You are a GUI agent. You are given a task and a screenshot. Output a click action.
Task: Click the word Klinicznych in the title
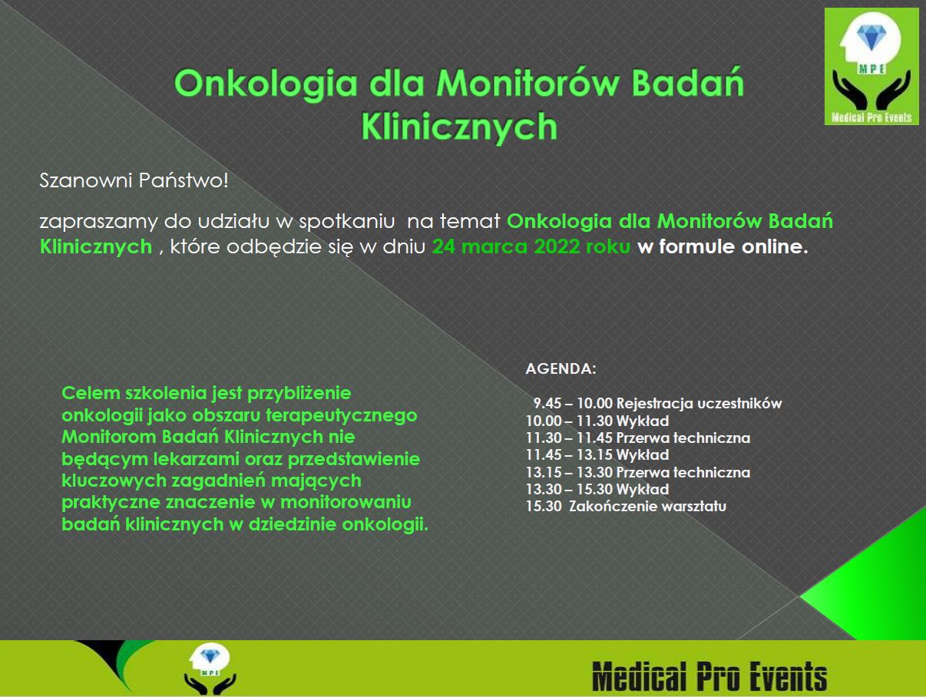click(x=458, y=125)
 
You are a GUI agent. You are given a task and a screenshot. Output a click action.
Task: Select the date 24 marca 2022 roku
click(x=532, y=247)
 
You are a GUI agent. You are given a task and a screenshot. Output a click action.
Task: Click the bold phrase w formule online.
click(x=723, y=247)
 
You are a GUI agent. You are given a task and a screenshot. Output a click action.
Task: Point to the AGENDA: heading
click(x=561, y=368)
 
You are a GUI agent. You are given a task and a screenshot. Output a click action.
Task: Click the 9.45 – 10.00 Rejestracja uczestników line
click(x=657, y=404)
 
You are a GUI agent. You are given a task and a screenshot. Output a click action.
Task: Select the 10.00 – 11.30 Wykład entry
click(x=597, y=421)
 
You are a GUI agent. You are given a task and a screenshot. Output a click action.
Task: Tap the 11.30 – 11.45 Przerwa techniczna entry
click(x=637, y=438)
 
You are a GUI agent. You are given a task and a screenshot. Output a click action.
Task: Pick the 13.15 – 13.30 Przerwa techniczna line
click(x=637, y=472)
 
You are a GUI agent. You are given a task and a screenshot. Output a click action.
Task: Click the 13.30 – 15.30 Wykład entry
click(x=597, y=489)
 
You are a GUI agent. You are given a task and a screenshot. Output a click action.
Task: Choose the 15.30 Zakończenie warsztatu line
click(x=626, y=507)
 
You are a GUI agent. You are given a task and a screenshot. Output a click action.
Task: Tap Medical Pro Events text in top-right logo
click(x=871, y=117)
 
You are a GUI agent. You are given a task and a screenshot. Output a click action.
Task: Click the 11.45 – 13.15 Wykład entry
click(x=597, y=455)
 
